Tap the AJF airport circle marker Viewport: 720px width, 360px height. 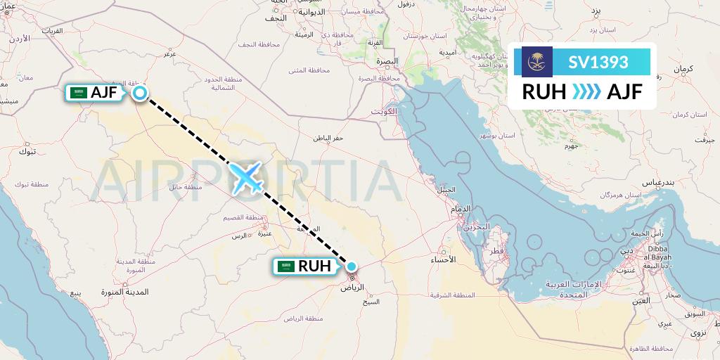pyautogui.click(x=140, y=92)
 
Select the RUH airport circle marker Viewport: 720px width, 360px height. pyautogui.click(x=351, y=266)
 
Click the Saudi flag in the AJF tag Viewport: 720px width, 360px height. pyautogui.click(x=78, y=92)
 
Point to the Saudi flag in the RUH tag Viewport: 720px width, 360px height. pyautogui.click(x=285, y=266)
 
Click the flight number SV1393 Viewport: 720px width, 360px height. pyautogui.click(x=599, y=62)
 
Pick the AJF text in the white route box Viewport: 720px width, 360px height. pyautogui.click(x=624, y=91)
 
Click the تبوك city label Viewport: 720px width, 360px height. pyautogui.click(x=27, y=151)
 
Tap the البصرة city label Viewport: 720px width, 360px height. pyautogui.click(x=387, y=62)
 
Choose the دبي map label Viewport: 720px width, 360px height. pyautogui.click(x=626, y=250)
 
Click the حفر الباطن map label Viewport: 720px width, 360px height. pyautogui.click(x=328, y=138)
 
